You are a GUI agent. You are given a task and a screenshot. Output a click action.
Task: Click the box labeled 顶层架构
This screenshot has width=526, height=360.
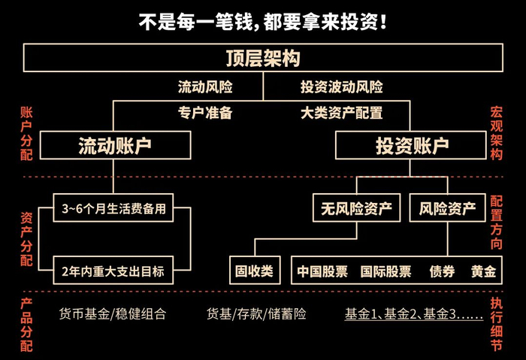263,59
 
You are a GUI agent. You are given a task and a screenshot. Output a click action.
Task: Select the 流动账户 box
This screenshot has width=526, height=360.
113,145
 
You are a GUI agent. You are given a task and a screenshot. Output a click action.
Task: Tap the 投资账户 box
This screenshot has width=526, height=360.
412,145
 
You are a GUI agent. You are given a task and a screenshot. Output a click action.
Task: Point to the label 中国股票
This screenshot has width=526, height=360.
322,271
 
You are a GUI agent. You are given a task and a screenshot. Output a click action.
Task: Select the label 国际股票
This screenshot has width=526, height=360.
385,271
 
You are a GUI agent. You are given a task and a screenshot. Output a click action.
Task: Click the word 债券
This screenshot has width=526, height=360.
442,271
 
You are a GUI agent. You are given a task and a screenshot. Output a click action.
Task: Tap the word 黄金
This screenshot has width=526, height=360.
483,271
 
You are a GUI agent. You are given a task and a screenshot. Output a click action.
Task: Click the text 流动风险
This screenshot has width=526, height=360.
205,87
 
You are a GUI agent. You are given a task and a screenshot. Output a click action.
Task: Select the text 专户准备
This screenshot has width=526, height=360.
205,113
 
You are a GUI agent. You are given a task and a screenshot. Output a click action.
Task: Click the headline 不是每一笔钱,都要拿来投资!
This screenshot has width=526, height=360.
263,21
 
